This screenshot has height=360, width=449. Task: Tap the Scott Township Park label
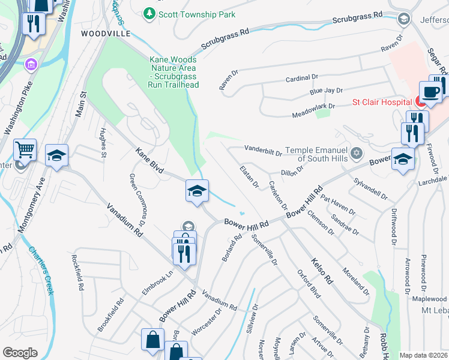(196, 14)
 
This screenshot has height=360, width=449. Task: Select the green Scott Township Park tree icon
(149, 13)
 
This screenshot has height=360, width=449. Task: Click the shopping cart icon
(25, 149)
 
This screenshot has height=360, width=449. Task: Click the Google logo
(20, 353)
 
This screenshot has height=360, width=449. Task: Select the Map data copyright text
(423, 355)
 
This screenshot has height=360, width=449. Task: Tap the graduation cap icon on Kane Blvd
(197, 190)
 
